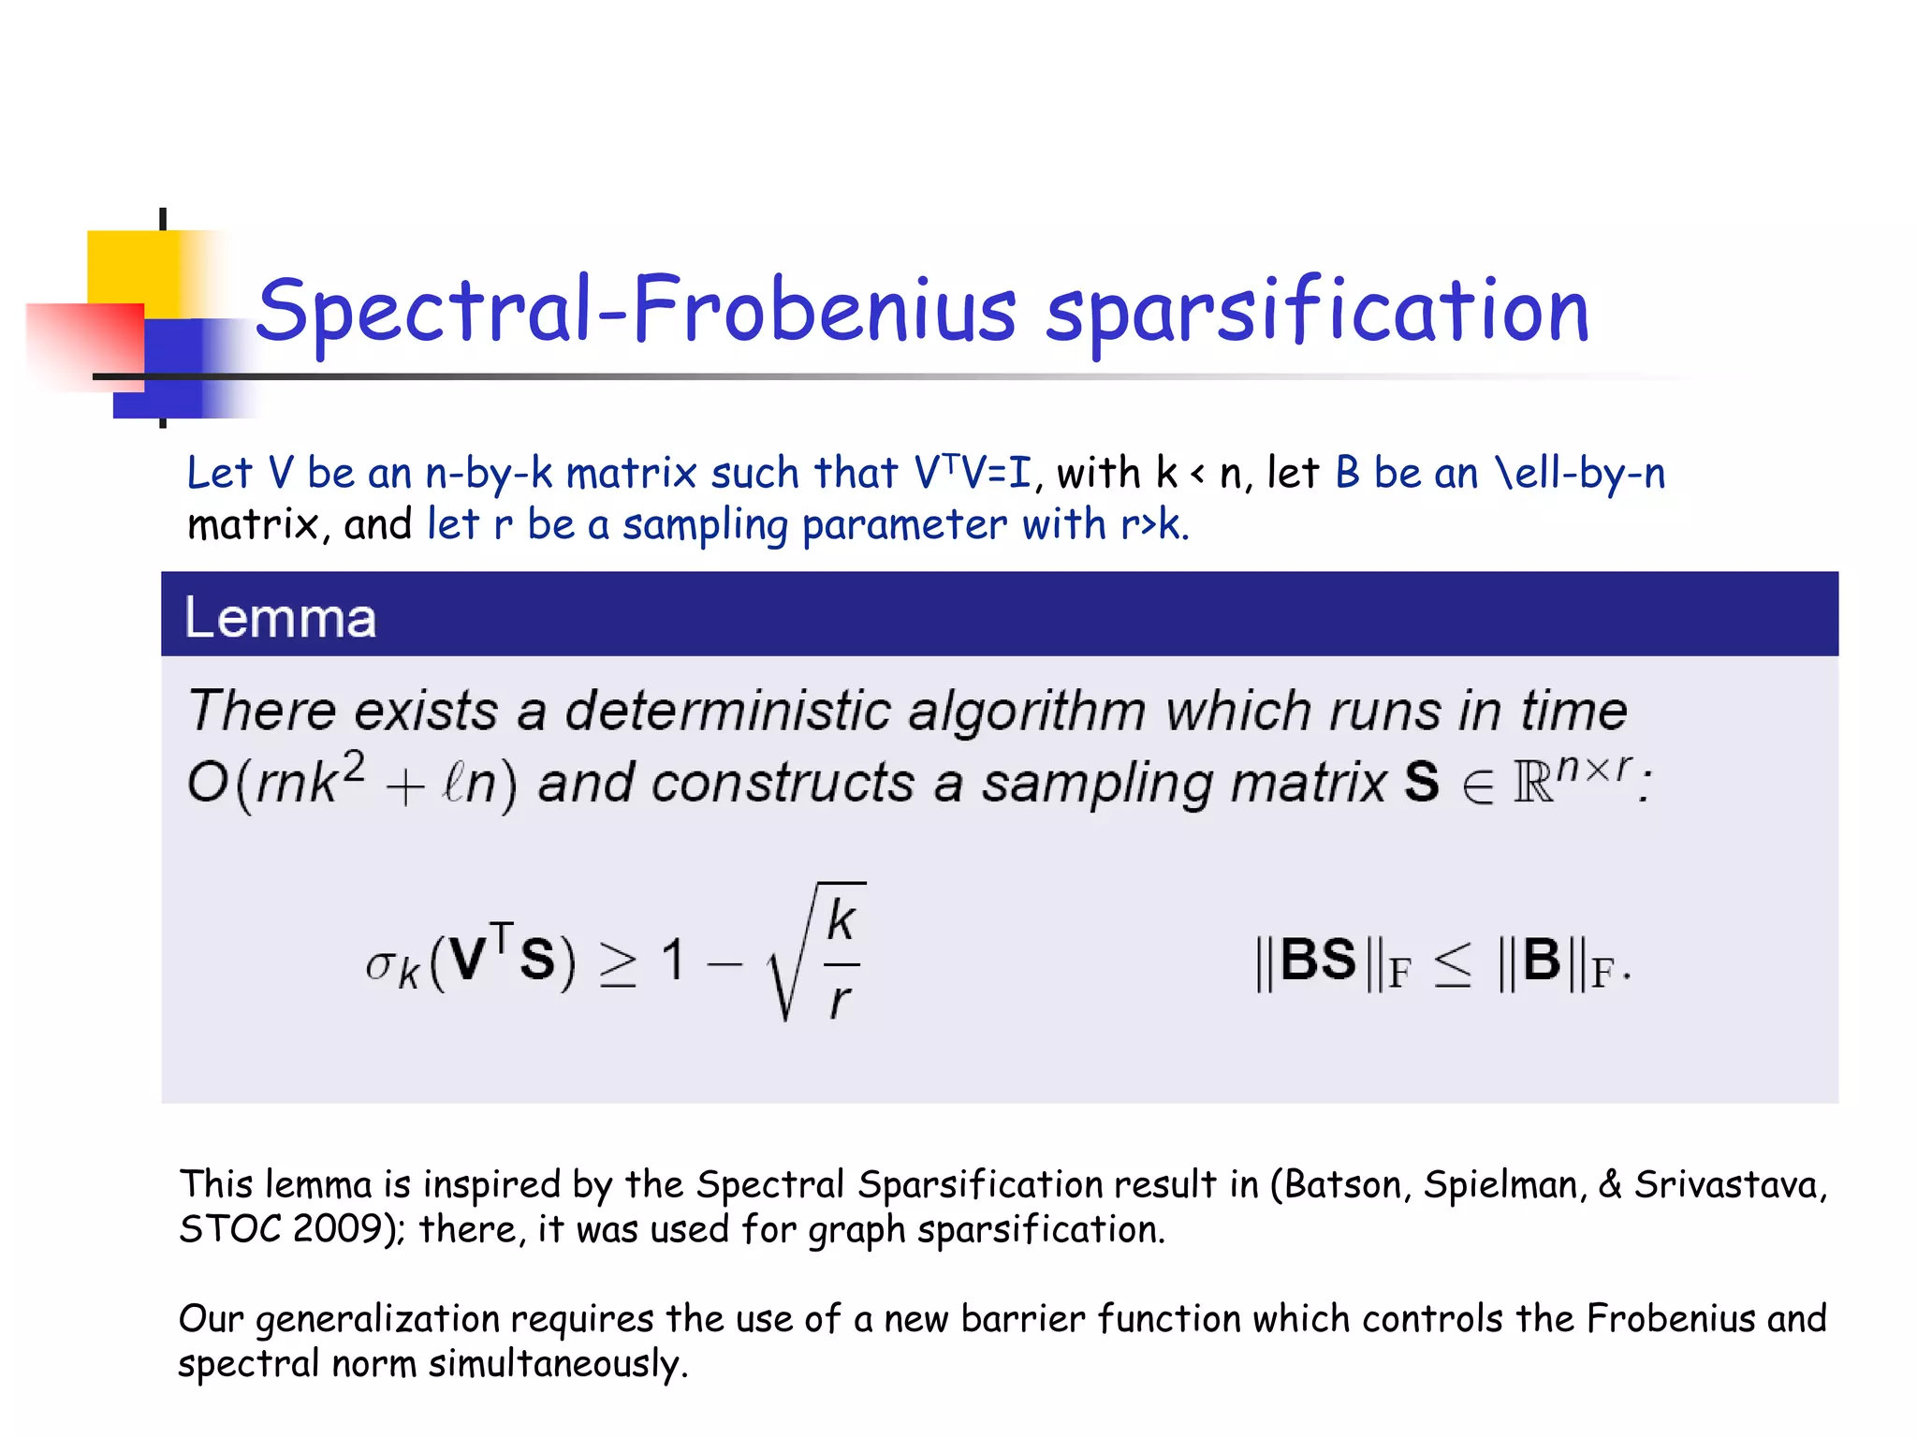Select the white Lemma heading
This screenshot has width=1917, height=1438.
click(280, 618)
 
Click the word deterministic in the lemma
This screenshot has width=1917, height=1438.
click(727, 711)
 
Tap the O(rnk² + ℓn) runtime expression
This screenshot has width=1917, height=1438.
click(351, 783)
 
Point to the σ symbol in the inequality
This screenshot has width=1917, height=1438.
click(380, 963)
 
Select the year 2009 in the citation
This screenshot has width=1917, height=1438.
click(340, 1229)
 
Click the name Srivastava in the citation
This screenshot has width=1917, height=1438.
click(1728, 1185)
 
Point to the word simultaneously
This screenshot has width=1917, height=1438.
click(558, 1364)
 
